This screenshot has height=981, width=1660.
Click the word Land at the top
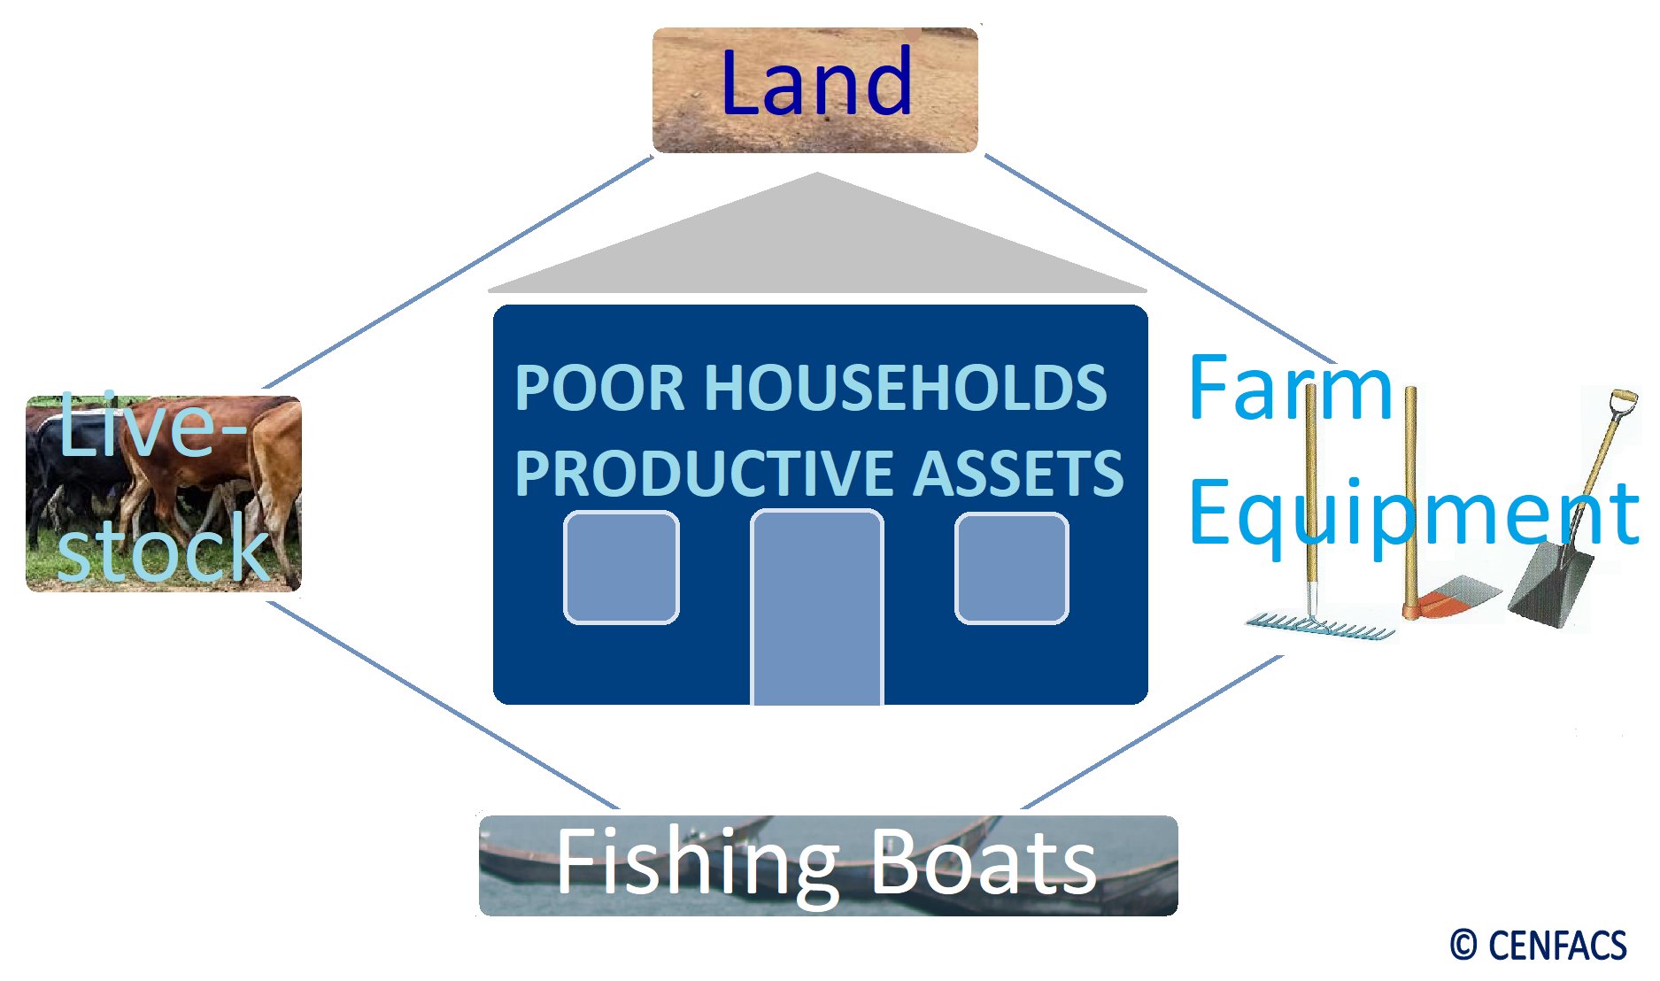point(815,83)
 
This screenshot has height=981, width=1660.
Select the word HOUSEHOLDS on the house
point(905,388)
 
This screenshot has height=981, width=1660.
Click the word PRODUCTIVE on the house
point(705,473)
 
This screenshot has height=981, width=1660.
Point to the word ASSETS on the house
point(1018,473)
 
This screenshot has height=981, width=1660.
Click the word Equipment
point(1413,514)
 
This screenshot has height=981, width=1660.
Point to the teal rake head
point(1319,627)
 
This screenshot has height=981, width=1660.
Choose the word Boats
point(983,863)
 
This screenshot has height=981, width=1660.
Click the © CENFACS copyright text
point(1538,946)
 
